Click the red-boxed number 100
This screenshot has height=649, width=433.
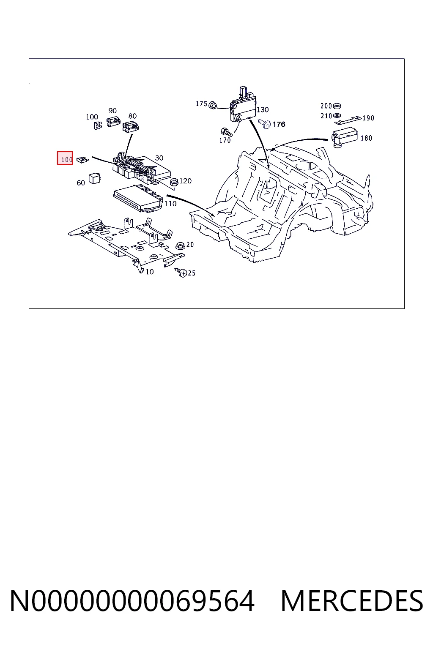(x=66, y=159)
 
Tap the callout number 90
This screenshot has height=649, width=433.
(x=112, y=111)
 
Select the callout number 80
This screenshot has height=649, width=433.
(x=132, y=116)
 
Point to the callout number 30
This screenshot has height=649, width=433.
(x=159, y=158)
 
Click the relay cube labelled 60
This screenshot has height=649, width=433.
(x=95, y=178)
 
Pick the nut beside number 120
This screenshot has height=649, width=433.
(x=174, y=182)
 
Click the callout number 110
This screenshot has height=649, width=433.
(x=170, y=204)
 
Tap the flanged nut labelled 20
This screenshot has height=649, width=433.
(x=180, y=246)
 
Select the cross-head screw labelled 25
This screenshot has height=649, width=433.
(x=181, y=273)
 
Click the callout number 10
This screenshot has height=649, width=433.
(x=150, y=272)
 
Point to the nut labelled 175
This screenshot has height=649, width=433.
(x=213, y=105)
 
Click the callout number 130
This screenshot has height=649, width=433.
(x=263, y=110)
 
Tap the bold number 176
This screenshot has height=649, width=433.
(x=279, y=124)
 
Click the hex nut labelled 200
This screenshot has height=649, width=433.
(x=337, y=106)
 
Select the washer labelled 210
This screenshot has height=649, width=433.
(x=337, y=116)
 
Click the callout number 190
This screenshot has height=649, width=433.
(x=368, y=118)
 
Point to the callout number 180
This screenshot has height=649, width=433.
(x=366, y=138)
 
